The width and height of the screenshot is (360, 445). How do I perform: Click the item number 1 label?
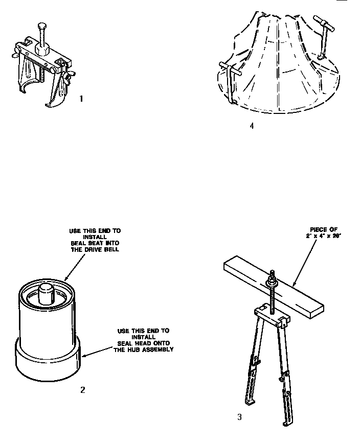pyautogui.click(x=81, y=99)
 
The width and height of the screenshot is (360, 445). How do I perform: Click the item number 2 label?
pyautogui.click(x=82, y=390)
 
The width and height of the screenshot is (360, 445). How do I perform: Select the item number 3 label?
pyautogui.click(x=239, y=417)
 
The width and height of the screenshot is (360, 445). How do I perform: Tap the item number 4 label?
pyautogui.click(x=251, y=126)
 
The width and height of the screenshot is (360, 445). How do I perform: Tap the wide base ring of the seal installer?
pyautogui.click(x=47, y=363)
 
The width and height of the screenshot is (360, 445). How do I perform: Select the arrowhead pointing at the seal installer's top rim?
pyautogui.click(x=67, y=278)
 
